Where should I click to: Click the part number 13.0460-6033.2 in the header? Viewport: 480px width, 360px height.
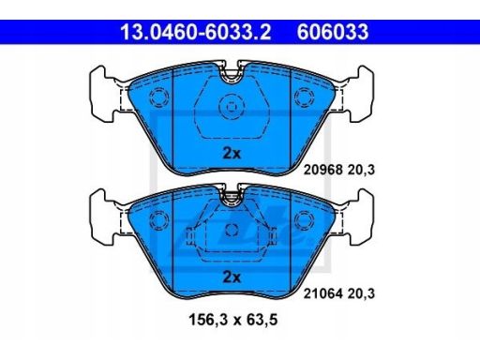tap(196, 32)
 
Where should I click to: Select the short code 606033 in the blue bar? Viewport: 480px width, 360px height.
tap(333, 32)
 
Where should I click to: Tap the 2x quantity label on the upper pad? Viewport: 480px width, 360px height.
tap(232, 154)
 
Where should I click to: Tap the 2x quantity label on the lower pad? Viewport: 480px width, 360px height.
tap(232, 277)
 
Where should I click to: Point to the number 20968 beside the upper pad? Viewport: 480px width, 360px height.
tap(323, 170)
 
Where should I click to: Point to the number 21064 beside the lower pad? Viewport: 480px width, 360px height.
tap(323, 293)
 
